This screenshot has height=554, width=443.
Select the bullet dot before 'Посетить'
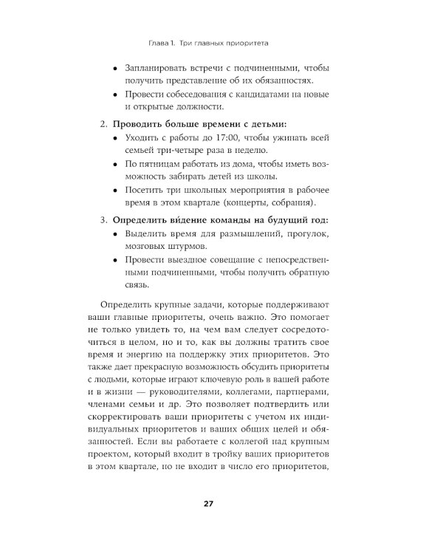(114, 190)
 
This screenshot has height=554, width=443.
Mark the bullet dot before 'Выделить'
(114, 234)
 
